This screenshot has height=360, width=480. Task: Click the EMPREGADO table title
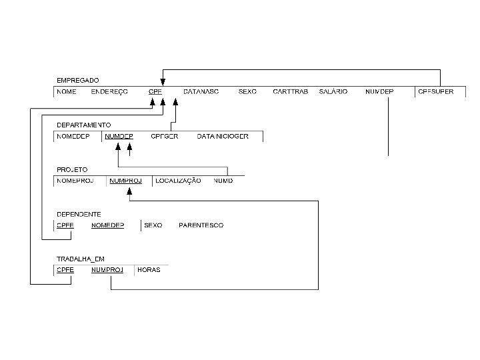pos(77,81)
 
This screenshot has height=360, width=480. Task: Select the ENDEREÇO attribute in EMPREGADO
pos(109,91)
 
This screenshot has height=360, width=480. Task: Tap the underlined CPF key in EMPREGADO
pos(155,91)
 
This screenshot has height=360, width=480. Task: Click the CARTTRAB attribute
pos(290,91)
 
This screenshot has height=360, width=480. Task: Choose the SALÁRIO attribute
pos(333,91)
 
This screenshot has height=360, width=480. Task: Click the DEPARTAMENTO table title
pos(83,125)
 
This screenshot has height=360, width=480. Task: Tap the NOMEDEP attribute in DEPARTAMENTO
pos(73,136)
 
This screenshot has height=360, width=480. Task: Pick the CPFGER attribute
pos(164,136)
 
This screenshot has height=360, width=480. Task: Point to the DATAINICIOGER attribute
pos(223,136)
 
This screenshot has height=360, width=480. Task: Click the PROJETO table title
pos(72,170)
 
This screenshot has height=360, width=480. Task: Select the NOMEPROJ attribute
pos(75,181)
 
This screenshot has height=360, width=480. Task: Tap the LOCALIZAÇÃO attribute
pos(178,181)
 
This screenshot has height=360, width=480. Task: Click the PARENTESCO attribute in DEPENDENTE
pos(201,225)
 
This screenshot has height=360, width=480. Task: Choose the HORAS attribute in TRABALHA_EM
pos(148,270)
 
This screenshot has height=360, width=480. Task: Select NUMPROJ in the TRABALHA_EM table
pos(107,270)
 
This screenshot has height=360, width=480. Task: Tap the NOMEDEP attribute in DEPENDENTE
pos(107,225)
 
